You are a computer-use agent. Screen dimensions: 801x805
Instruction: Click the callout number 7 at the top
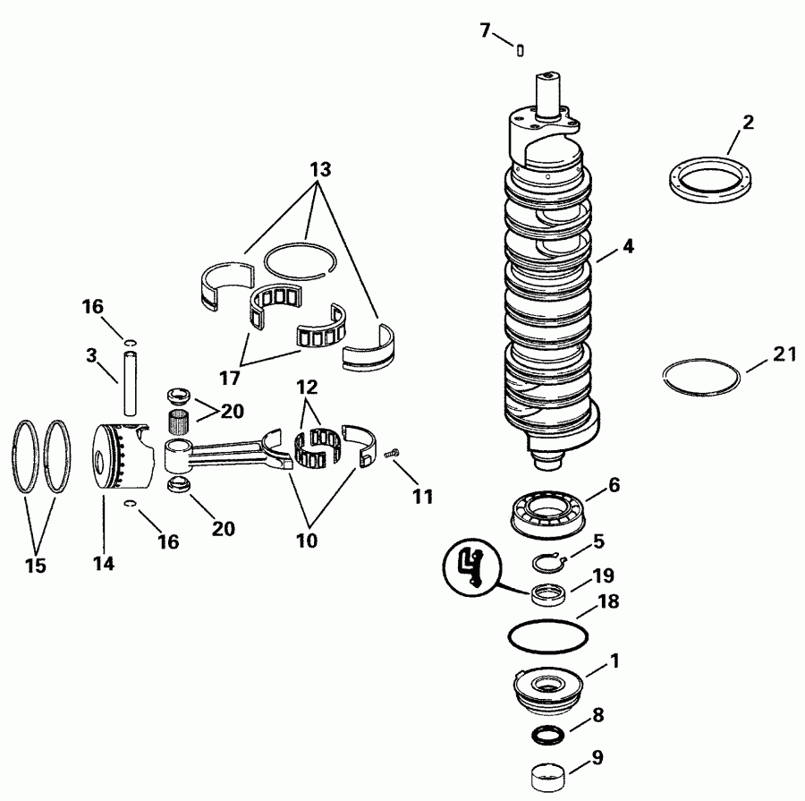click(x=485, y=30)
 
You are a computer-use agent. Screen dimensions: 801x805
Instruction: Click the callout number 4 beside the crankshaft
click(x=629, y=247)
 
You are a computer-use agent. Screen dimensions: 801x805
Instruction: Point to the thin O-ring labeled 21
click(x=701, y=376)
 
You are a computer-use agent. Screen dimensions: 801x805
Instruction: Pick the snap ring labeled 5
click(x=548, y=564)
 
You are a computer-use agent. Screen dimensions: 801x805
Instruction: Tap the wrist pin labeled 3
click(x=131, y=384)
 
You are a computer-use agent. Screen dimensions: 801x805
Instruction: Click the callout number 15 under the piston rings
click(x=36, y=566)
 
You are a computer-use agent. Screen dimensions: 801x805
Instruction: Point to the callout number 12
click(x=308, y=389)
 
